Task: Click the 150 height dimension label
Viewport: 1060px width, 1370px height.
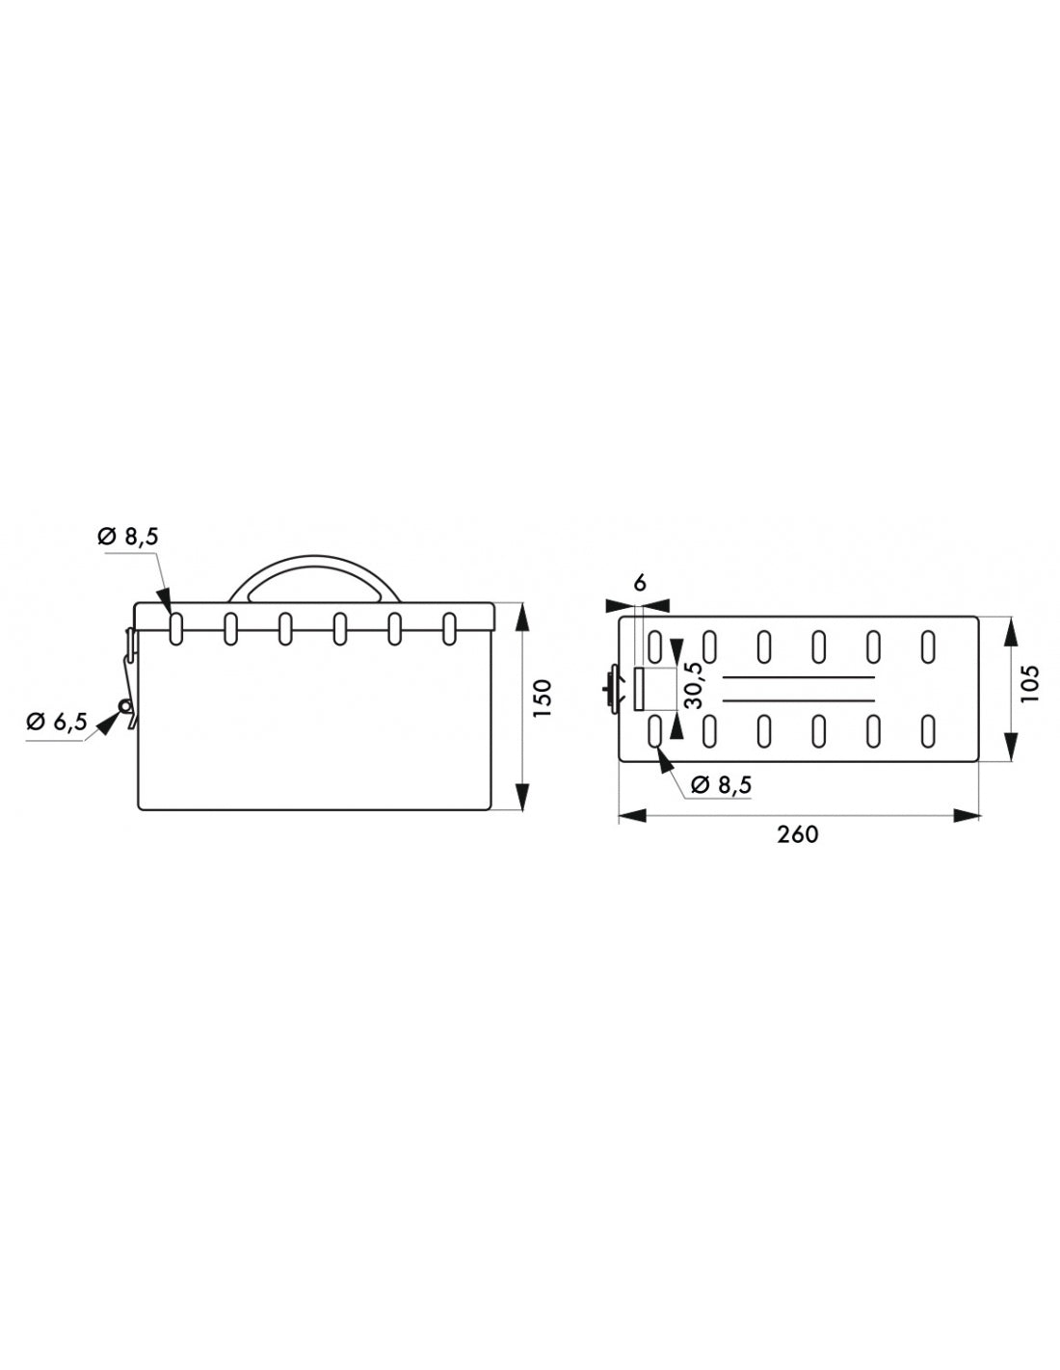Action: [x=543, y=697]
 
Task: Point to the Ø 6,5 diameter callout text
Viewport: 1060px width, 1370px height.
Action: [x=58, y=722]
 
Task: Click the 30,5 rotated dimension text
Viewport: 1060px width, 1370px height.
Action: [x=693, y=685]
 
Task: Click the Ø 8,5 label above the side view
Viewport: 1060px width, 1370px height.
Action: [x=127, y=537]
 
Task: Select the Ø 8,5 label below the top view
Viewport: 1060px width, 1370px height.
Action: [x=721, y=785]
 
